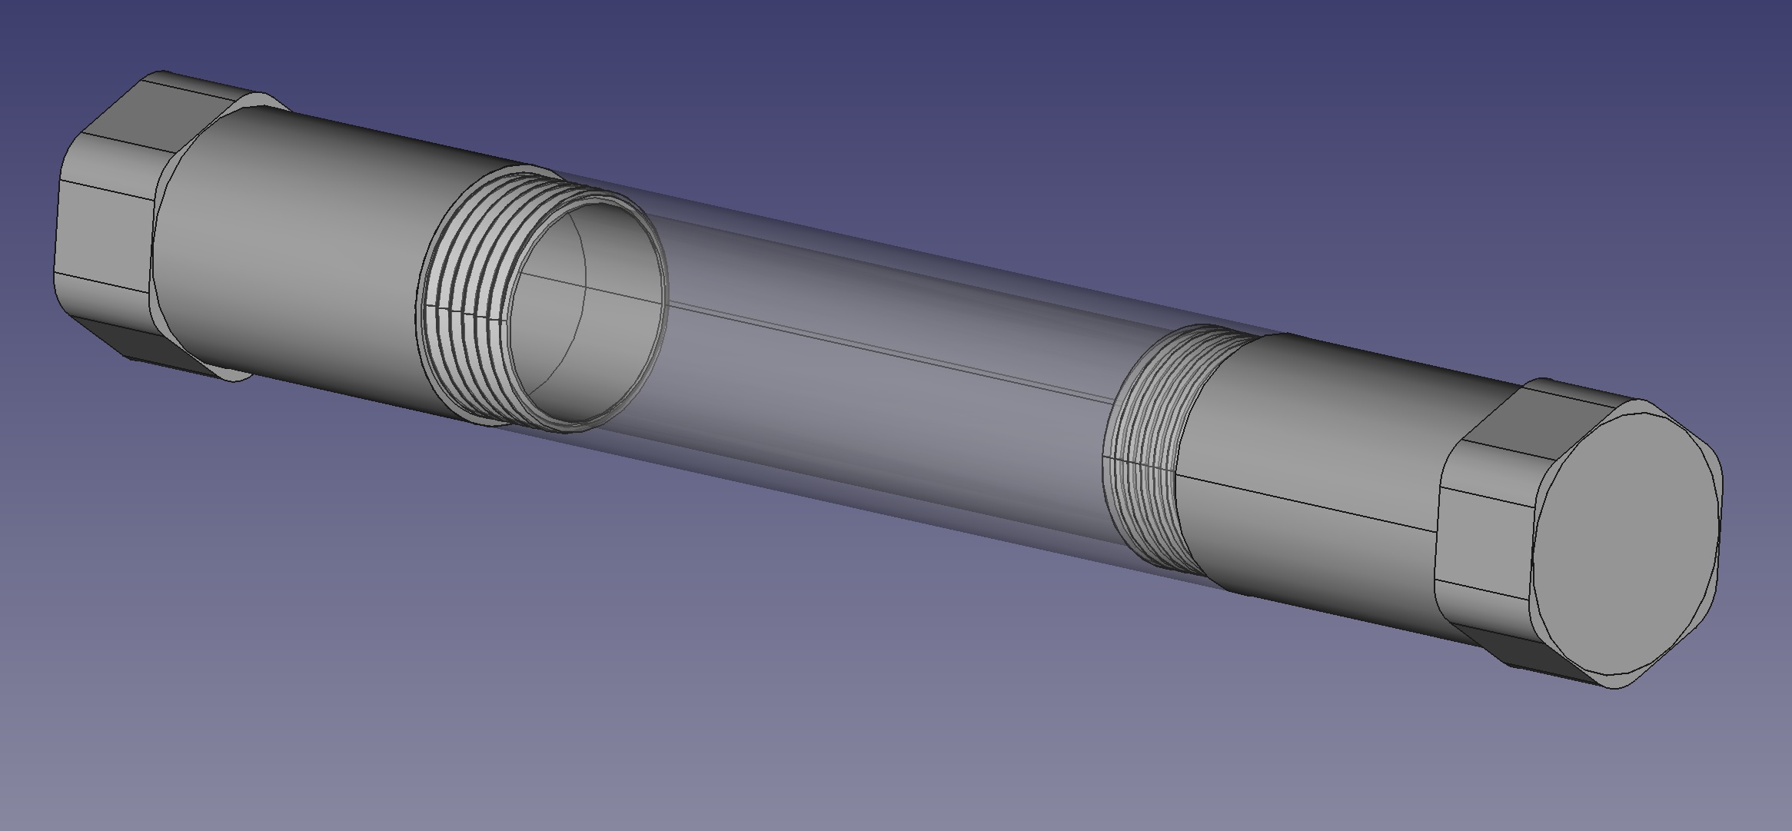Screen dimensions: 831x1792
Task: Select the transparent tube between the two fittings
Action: tap(884, 369)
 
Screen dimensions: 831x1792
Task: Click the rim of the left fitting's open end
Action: tap(663, 269)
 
